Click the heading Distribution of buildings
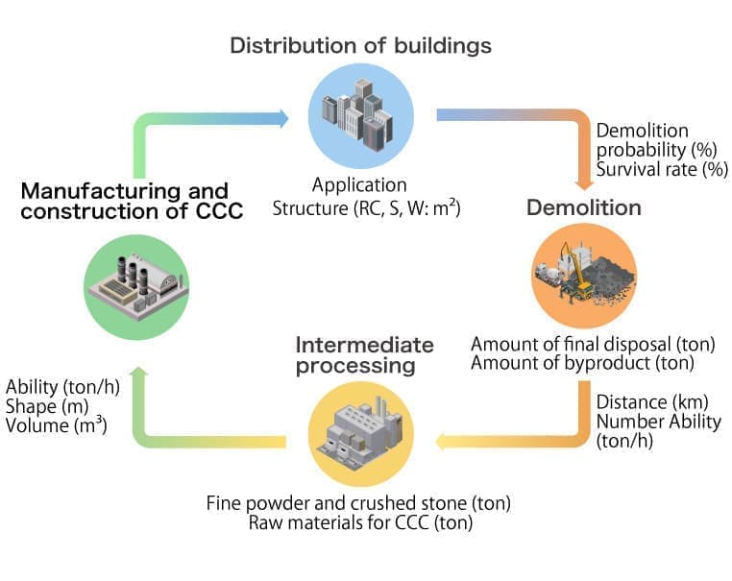pos(360,46)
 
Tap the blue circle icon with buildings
pos(360,116)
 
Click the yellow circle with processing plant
pos(360,433)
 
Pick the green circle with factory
pos(136,287)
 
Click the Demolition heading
pos(583,207)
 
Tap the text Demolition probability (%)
pos(643,140)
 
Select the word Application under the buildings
pos(360,185)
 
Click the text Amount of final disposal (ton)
pos(593,344)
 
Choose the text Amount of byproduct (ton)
pos(583,362)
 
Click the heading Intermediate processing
pos(365,355)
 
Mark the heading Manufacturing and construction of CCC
pos(125,201)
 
